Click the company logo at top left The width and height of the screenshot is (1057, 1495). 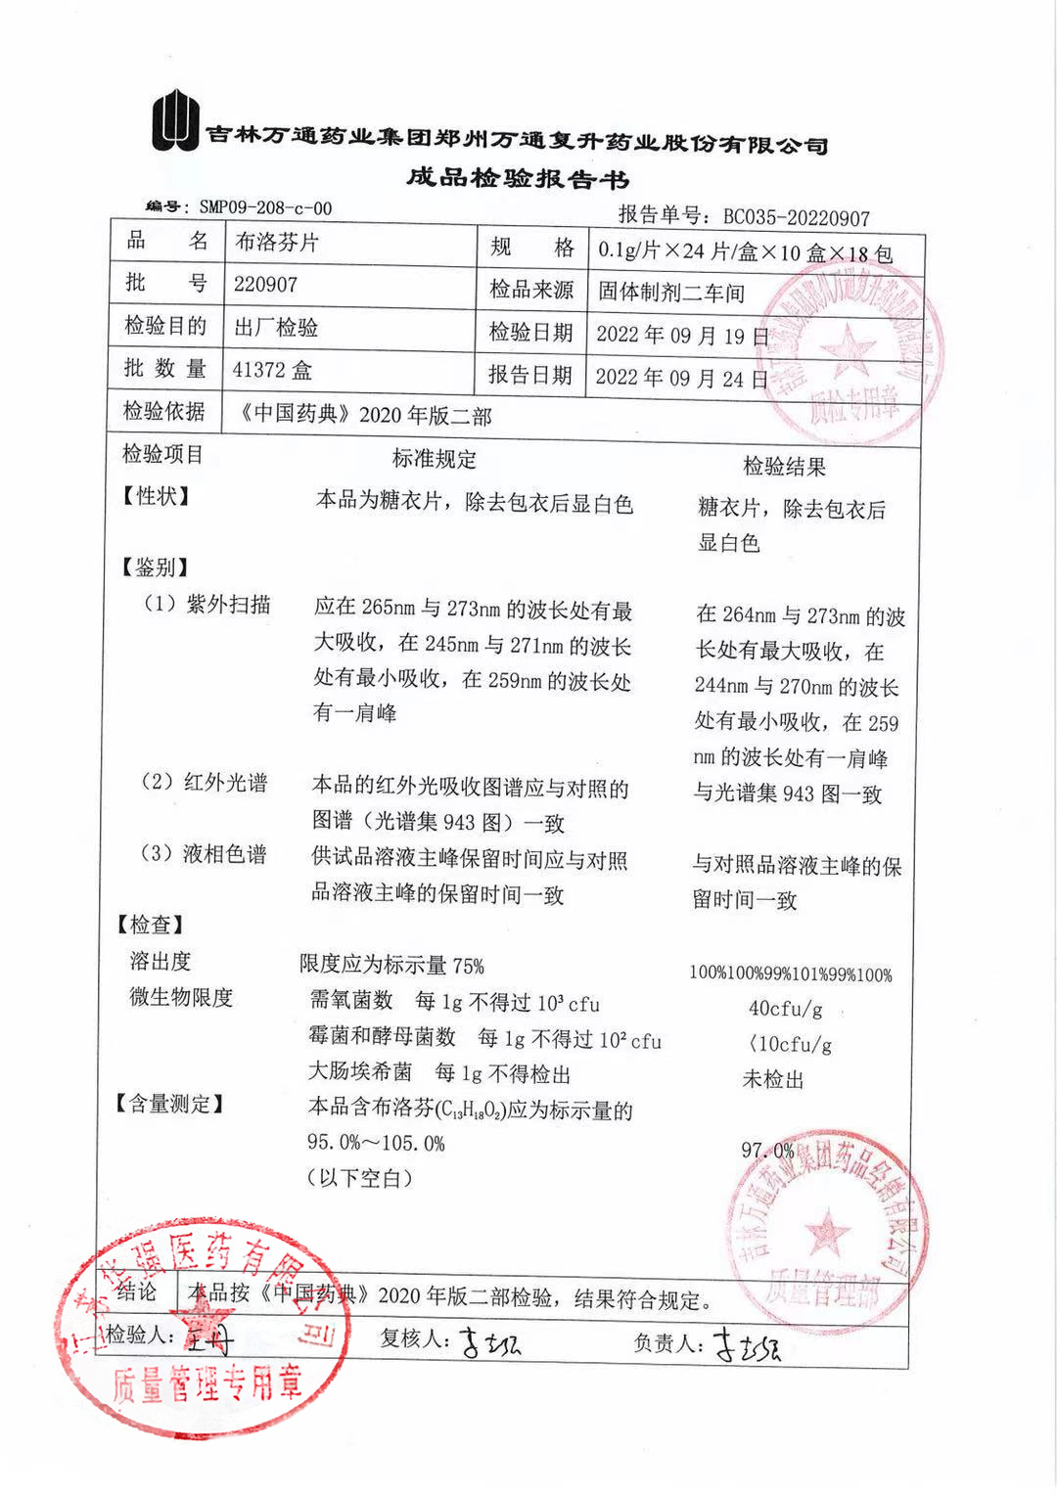point(175,121)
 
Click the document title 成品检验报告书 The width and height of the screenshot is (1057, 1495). point(518,178)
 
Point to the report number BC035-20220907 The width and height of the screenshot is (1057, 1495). point(796,217)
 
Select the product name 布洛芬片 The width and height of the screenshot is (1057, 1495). point(277,243)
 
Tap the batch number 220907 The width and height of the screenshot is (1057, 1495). point(265,285)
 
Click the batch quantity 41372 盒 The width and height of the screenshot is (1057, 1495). point(272,370)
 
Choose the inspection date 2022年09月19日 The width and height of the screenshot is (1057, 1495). point(681,336)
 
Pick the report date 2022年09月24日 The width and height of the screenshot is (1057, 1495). point(681,379)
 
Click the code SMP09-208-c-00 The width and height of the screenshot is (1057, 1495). point(265,207)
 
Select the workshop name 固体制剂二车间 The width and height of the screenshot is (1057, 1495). point(671,293)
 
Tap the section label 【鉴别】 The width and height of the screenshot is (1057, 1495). point(154,567)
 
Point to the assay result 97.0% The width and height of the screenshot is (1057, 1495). point(767,1151)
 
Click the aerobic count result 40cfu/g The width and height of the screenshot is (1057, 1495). point(785,1009)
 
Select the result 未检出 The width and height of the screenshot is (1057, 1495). point(773,1079)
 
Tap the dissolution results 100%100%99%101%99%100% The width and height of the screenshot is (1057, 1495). point(791,974)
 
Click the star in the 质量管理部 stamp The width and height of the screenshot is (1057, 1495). point(827,1231)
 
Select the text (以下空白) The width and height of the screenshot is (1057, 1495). point(359,1178)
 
